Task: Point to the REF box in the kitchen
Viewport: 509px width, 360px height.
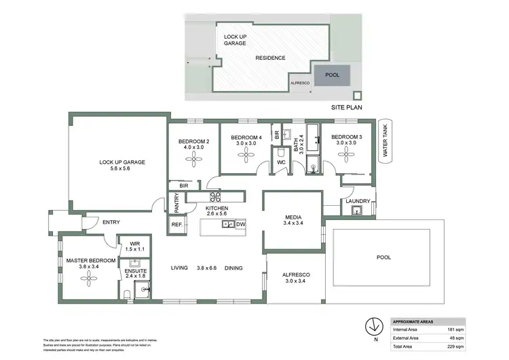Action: (x=176, y=225)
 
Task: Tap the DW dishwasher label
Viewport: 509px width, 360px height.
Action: (x=240, y=224)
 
